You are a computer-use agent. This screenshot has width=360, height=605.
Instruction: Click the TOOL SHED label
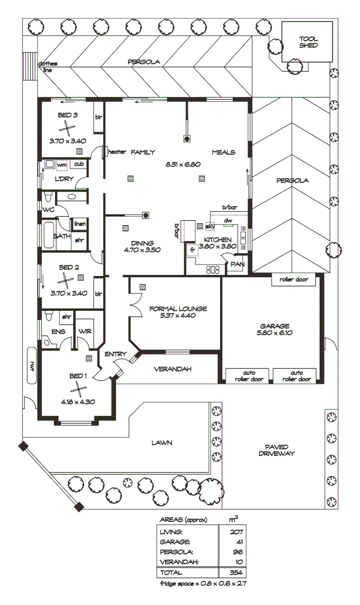308,42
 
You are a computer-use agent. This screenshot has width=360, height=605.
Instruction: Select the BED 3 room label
68,115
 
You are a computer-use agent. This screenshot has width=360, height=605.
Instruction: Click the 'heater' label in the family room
117,152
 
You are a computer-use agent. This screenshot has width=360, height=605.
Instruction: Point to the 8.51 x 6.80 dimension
183,165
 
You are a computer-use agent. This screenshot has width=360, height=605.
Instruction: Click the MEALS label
223,152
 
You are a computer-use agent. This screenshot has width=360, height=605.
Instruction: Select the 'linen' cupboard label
80,224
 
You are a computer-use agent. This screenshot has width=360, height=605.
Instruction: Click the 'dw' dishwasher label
228,220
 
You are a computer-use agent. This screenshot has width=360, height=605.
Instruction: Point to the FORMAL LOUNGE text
179,309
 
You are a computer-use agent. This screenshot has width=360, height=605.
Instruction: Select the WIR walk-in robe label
86,333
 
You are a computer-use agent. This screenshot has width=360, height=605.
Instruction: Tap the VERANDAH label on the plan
173,369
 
